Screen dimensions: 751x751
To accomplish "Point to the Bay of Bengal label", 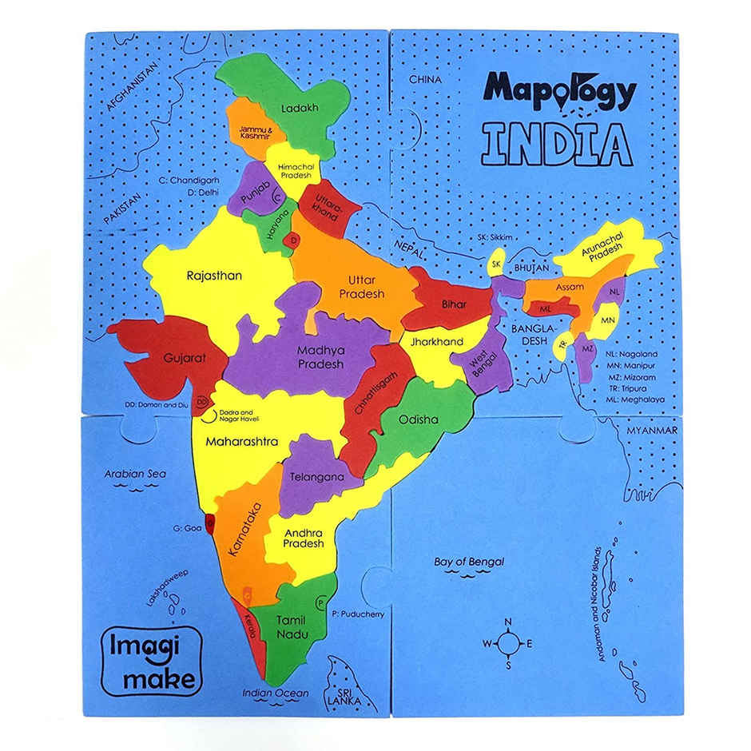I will tap(469, 562).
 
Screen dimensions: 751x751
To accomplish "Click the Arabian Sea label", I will tap(135, 474).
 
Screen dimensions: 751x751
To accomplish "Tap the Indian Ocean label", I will tap(276, 693).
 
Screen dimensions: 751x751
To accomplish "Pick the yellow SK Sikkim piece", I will tap(496, 263).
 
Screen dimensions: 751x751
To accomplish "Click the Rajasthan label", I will tap(213, 276).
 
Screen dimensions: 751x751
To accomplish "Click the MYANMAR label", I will tap(651, 431).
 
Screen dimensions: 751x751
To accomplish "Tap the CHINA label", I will tap(426, 80).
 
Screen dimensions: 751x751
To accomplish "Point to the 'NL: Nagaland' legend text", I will tap(631, 353).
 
